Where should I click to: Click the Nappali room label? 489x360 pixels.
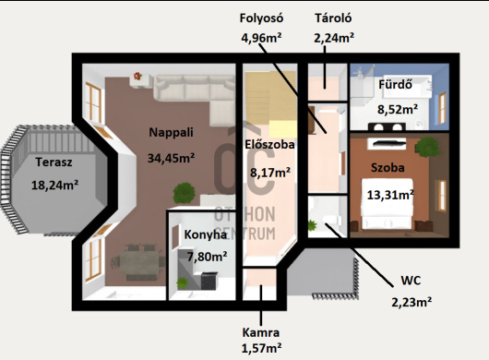click(171, 132)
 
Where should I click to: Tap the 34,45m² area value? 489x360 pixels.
click(171, 158)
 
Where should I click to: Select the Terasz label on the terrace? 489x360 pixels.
click(54, 162)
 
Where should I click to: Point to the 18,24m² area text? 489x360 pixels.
click(54, 185)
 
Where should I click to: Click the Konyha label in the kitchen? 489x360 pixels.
click(205, 234)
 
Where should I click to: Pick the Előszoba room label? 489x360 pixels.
click(269, 144)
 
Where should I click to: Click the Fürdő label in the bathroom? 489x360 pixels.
click(396, 84)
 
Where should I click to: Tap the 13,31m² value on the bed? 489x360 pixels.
click(390, 195)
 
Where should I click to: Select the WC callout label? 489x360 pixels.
click(411, 280)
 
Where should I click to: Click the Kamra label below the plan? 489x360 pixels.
click(261, 332)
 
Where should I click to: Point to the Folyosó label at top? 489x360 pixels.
click(261, 18)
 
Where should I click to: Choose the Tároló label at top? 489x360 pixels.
click(333, 18)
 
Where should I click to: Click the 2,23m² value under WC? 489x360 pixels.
click(411, 302)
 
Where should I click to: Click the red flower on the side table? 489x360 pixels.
click(137, 76)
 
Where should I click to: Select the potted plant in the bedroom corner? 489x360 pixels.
click(427, 147)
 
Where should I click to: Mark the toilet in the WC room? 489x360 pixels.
click(330, 220)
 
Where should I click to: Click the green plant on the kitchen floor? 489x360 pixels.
click(182, 282)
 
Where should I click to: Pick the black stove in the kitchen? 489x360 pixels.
click(209, 281)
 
